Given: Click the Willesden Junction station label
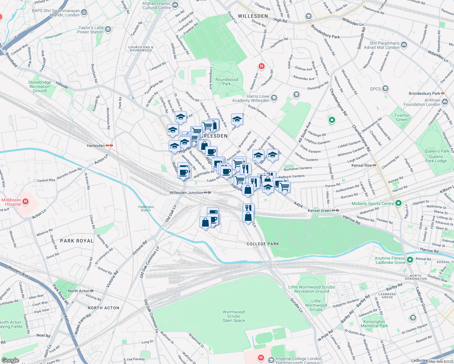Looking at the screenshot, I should [186, 193].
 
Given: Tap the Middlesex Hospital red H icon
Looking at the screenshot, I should [25, 201].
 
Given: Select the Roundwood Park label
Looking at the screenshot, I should [227, 82].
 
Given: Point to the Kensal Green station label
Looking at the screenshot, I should [320, 211].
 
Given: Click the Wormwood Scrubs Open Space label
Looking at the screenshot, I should [233, 316].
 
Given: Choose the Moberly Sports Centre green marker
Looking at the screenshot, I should [398, 203].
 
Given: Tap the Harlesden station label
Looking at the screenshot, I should [96, 146].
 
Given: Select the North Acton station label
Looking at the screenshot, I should [78, 291].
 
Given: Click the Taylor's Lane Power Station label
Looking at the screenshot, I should [90, 30].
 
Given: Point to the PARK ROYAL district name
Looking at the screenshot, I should [77, 241].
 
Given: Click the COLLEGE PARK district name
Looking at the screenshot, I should [263, 244].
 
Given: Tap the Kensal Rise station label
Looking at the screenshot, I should [361, 165].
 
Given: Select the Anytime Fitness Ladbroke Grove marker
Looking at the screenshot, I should [410, 260].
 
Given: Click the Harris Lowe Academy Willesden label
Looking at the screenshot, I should [251, 98].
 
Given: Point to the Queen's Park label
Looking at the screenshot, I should [437, 151].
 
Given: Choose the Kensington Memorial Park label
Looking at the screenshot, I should [374, 324].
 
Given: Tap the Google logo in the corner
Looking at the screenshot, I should [10, 360].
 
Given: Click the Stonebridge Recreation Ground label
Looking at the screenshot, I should [39, 86].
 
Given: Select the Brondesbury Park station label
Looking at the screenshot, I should [424, 93].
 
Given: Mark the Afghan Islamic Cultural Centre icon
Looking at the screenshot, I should [175, 5].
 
